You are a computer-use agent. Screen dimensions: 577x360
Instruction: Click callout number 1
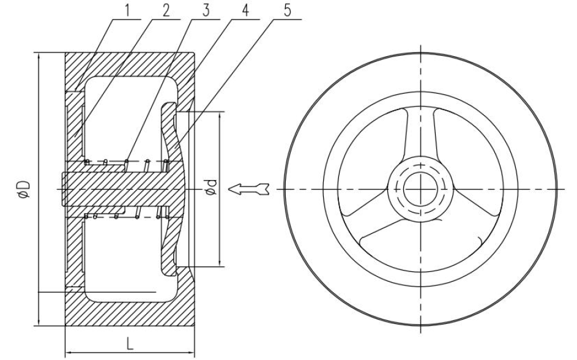pos(128,10)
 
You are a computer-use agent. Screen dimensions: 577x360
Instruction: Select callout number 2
pos(166,10)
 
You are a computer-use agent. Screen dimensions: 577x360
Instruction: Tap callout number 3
pos(206,10)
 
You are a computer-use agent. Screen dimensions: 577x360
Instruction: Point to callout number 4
pos(245,10)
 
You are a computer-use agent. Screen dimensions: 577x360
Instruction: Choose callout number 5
pos(288,10)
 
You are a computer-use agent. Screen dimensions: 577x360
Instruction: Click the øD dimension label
pos(24,189)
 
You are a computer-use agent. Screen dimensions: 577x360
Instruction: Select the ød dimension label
pos(212,187)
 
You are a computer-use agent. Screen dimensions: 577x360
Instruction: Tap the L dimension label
pos(129,343)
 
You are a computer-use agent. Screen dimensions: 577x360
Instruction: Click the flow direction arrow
pos(249,189)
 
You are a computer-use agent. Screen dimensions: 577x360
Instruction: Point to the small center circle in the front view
pos(420,189)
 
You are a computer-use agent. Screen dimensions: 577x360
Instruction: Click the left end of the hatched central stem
pos(62,189)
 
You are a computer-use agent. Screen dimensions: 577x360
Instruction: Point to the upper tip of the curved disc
pos(169,103)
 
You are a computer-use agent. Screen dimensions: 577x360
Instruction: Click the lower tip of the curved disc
pos(169,274)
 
